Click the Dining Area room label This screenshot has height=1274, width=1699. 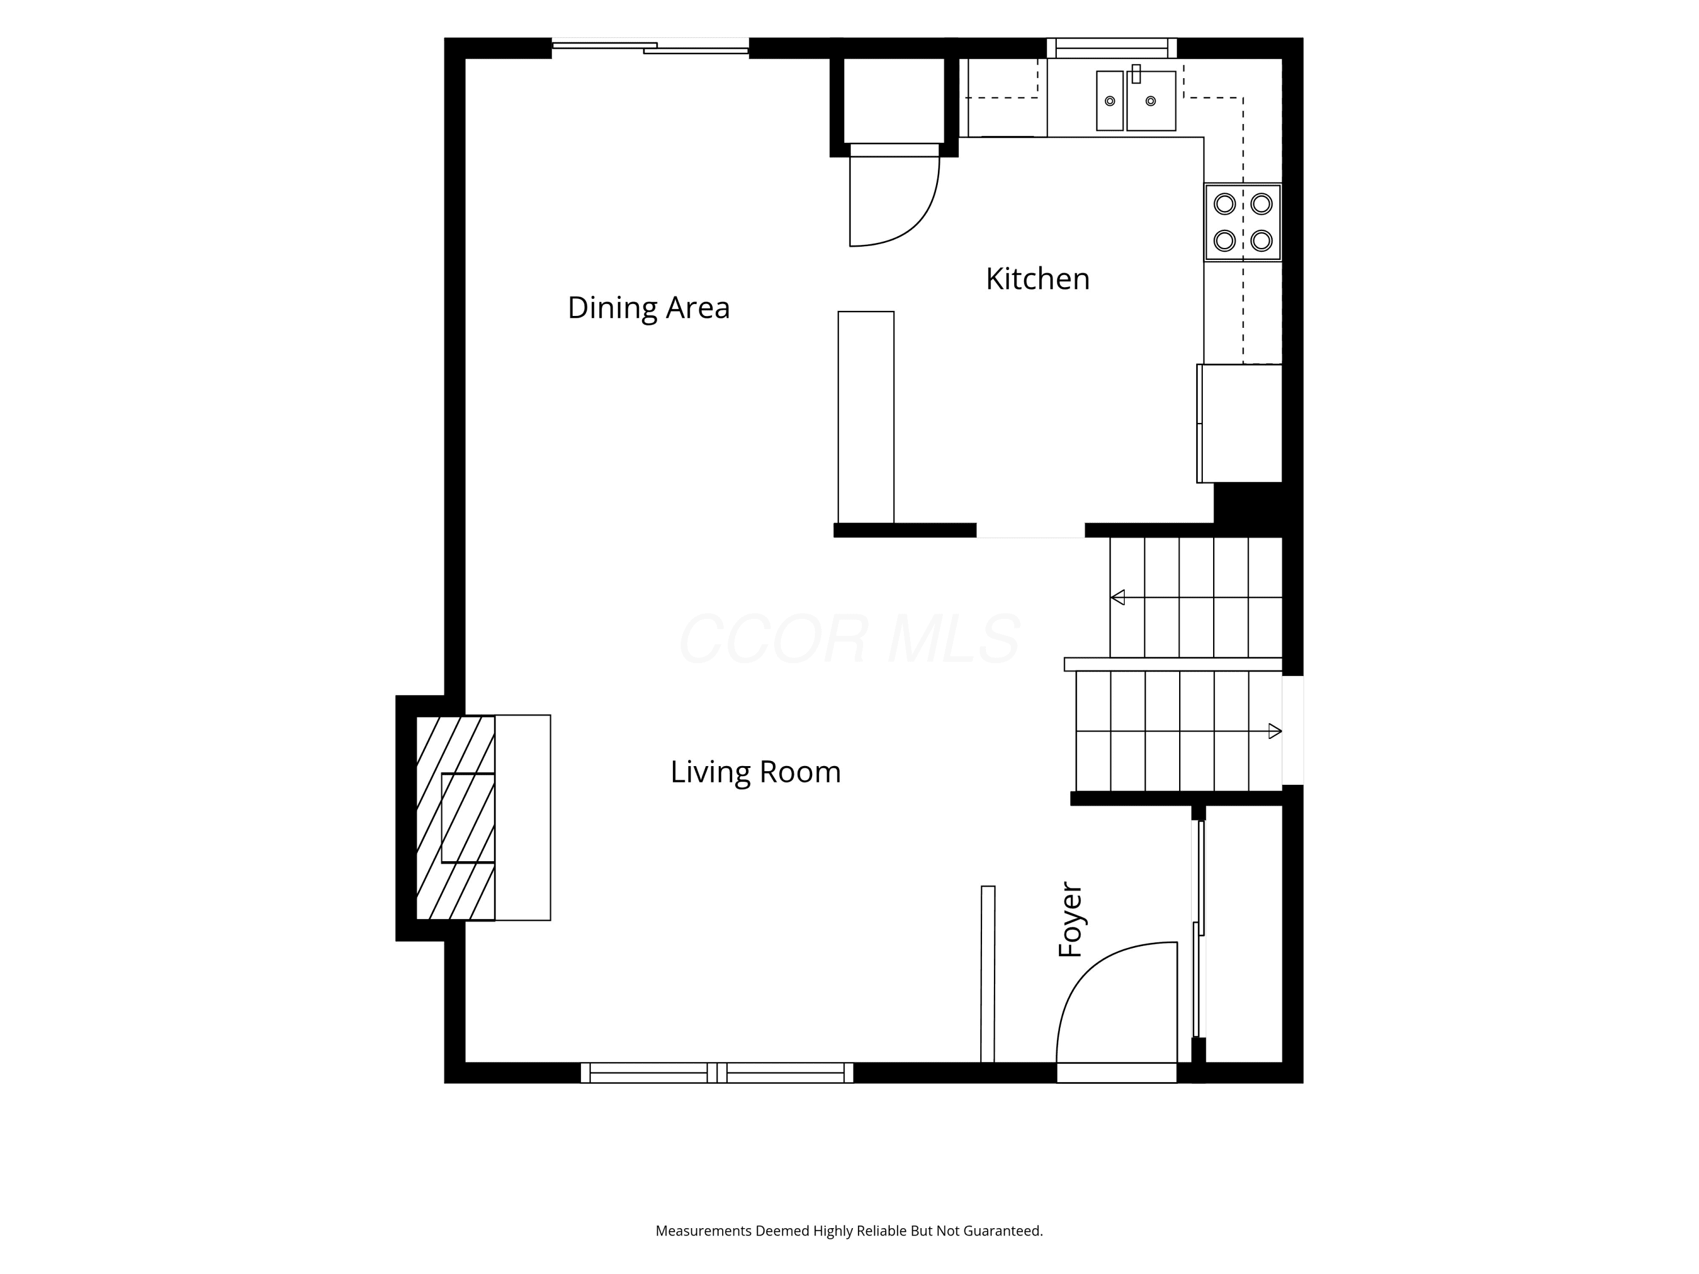(648, 308)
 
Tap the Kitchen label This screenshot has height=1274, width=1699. (1038, 279)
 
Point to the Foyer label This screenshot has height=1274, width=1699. (1070, 919)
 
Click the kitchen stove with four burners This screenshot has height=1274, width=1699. (1243, 222)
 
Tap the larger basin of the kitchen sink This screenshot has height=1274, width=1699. (1151, 101)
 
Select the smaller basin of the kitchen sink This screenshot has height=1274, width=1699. (1110, 101)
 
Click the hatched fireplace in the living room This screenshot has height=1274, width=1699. (455, 818)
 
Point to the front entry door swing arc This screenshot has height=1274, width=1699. (1091, 967)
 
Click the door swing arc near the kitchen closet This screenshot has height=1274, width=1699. (918, 223)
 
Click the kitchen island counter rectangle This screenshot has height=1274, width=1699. (865, 417)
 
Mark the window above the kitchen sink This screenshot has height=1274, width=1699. (1111, 48)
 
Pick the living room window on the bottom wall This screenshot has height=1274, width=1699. (716, 1073)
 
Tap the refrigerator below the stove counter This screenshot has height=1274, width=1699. (1240, 423)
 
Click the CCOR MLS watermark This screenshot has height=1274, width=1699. (849, 639)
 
